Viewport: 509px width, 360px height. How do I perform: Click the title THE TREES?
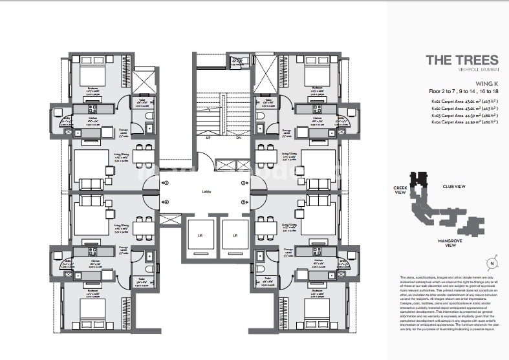pyautogui.click(x=462, y=60)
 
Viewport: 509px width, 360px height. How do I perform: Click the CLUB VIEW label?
pyautogui.click(x=454, y=186)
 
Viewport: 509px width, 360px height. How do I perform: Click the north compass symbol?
pyautogui.click(x=492, y=262)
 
